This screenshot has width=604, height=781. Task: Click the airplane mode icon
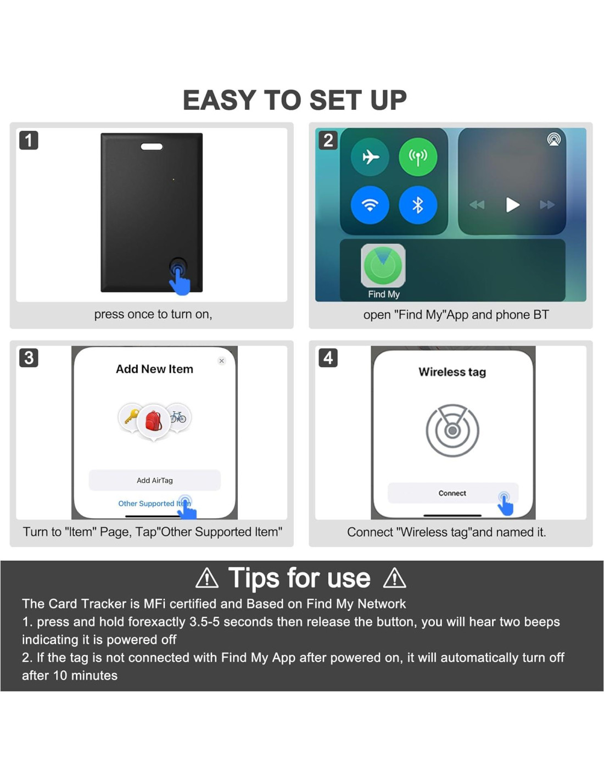click(x=370, y=157)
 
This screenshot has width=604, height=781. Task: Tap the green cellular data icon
click(x=418, y=157)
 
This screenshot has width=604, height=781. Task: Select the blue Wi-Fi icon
click(x=370, y=205)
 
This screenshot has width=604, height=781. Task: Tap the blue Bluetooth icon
click(x=418, y=205)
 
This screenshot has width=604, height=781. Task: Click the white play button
click(x=513, y=205)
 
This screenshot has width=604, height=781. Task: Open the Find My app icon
click(x=383, y=266)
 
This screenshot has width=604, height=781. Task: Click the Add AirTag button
click(x=154, y=480)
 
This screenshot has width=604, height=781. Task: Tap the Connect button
click(x=452, y=493)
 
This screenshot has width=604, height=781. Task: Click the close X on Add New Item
click(x=222, y=360)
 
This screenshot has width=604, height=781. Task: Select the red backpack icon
click(x=153, y=421)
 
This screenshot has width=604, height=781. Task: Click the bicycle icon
click(x=178, y=416)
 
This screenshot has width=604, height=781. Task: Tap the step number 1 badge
click(x=29, y=140)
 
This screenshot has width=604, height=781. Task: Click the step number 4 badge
click(x=328, y=358)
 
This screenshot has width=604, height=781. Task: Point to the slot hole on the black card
click(x=152, y=147)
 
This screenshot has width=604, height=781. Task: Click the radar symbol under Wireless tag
click(x=452, y=430)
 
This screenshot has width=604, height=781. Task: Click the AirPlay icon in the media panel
click(x=553, y=140)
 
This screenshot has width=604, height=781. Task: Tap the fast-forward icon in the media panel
click(x=547, y=205)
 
